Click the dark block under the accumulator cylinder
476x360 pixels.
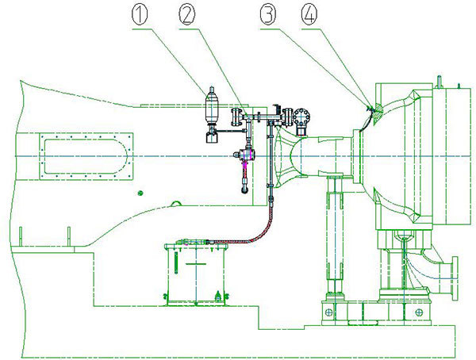[x=212, y=136]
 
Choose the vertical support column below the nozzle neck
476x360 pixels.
[x=333, y=238]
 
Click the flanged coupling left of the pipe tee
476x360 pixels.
[x=235, y=118]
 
